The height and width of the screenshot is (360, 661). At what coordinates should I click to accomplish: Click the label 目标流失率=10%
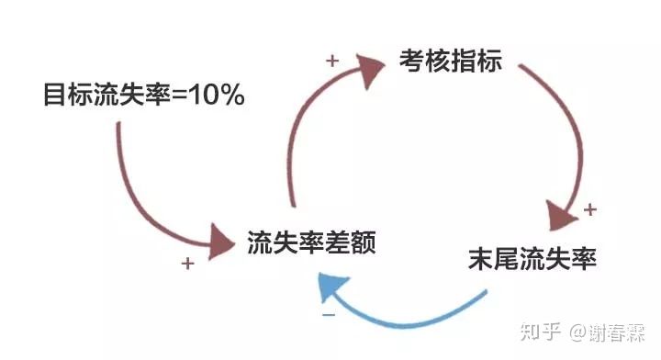click(143, 95)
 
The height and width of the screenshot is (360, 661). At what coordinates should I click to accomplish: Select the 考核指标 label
click(450, 61)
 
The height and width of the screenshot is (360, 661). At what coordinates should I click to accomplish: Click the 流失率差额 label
click(312, 243)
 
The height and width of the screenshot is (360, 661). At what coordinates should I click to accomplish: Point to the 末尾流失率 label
click(532, 260)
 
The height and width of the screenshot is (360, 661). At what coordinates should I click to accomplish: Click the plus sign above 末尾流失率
click(589, 209)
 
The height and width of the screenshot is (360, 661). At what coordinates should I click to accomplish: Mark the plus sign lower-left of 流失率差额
click(187, 264)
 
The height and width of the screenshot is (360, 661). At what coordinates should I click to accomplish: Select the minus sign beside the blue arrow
click(329, 315)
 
